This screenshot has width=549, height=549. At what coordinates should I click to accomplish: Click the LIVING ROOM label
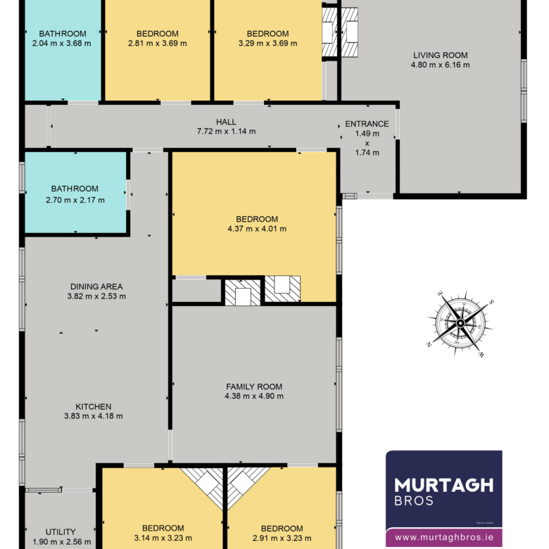tap(440, 56)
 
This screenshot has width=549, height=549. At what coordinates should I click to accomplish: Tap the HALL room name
tap(226, 122)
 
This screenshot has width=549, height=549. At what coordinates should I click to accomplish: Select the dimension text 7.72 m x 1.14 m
tap(226, 132)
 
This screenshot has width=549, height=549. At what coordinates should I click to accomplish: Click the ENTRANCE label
tap(367, 124)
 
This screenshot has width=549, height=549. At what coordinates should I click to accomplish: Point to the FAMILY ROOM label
tap(254, 386)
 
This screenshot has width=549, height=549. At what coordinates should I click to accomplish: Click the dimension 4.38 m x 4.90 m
tap(254, 396)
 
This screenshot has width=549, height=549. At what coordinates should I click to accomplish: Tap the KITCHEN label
tap(94, 407)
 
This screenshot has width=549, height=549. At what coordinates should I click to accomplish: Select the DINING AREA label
tap(96, 286)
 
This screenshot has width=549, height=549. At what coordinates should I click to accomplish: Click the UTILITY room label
tap(61, 532)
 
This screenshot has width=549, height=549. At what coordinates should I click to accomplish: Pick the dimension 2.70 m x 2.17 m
tap(75, 200)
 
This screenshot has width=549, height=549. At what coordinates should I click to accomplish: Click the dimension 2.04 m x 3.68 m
tap(62, 43)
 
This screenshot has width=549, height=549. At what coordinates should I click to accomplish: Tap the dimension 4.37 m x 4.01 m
tap(257, 229)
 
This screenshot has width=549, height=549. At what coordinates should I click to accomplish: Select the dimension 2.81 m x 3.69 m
tap(158, 43)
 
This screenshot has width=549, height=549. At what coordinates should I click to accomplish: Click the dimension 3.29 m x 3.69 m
tap(268, 43)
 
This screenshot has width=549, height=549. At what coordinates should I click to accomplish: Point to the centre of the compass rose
tap(460, 323)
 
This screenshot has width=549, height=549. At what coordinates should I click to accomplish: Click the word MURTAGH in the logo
tap(444, 485)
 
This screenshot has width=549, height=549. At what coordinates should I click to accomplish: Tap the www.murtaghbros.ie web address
tap(444, 537)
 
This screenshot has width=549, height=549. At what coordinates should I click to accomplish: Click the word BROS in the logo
tap(414, 500)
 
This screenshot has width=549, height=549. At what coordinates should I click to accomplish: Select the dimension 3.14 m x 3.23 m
tap(163, 538)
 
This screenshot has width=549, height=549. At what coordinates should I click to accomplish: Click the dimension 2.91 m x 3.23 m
tap(282, 538)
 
